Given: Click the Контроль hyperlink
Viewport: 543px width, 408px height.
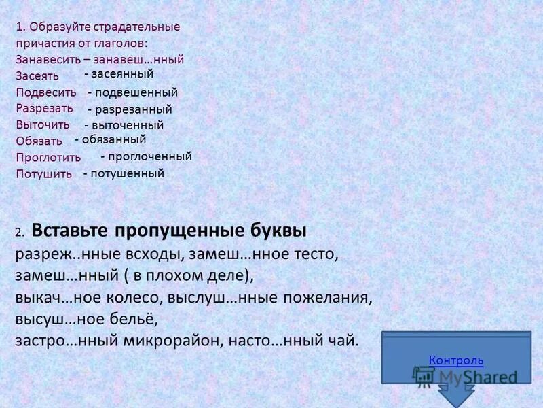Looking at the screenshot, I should pos(456,360).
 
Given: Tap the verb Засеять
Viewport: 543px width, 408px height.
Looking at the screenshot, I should pos(37,75).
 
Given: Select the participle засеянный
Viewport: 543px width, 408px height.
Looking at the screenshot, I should pos(122,73).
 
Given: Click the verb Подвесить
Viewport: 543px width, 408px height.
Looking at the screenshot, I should pos(46,92).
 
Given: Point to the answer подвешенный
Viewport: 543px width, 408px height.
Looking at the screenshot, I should pos(136,92).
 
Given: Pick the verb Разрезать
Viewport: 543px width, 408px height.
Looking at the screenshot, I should pos(45,108).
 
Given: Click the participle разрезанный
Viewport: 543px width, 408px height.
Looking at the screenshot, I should pos(133,109).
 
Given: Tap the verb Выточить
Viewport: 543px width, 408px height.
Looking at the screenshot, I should pos(43,124).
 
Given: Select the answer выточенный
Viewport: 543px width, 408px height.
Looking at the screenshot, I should pos(127,125).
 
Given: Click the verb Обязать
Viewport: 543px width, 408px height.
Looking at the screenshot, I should pos(39,141).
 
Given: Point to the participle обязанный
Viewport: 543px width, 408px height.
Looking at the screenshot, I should pos(113,139).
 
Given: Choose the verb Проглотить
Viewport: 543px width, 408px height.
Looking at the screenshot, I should pos(48,157).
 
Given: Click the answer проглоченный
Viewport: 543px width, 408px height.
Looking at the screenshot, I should pos(149,156).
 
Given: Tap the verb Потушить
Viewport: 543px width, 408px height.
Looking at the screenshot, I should pos(44,173).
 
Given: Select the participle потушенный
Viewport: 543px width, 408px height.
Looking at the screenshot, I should pos(127,173).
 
